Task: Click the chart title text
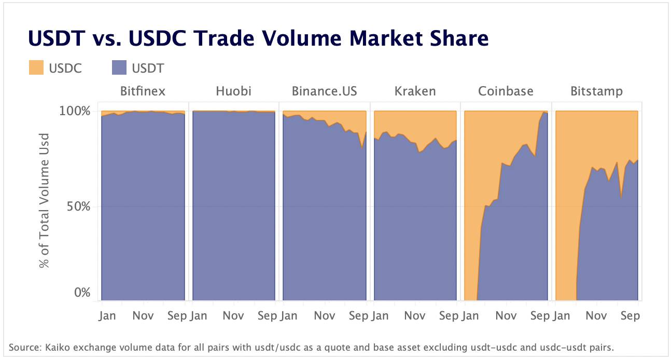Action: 258,38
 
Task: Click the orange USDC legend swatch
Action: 36,67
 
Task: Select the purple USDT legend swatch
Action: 119,67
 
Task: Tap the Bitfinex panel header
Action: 143,92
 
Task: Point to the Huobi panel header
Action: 233,92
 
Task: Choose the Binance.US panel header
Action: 324,92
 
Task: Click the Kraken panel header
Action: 415,92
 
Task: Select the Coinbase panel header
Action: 506,92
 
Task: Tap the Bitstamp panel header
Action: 596,92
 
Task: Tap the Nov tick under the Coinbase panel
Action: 506,316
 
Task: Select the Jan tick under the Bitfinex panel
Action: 108,316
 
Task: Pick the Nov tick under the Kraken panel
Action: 415,316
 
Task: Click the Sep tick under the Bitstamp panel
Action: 630,316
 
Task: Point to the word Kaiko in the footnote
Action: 54,347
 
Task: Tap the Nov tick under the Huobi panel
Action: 233,316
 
